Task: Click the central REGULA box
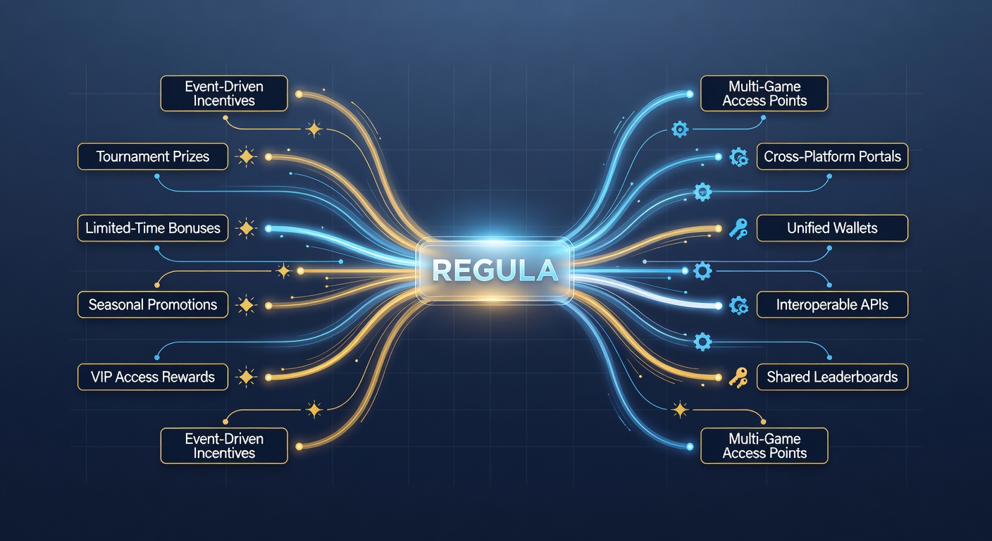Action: point(495,270)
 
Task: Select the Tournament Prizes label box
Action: point(153,156)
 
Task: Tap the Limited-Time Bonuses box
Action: point(153,228)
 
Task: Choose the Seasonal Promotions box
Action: point(153,304)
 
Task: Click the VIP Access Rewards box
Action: point(153,377)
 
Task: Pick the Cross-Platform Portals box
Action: point(832,156)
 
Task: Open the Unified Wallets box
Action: point(832,228)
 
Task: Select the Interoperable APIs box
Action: point(832,304)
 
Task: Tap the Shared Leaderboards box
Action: point(832,377)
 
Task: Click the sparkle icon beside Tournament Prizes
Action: point(246,156)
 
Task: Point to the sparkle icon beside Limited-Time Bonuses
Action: point(246,228)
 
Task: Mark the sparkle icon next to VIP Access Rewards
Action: point(246,377)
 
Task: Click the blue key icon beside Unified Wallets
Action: point(738,229)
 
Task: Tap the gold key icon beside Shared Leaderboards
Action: point(738,378)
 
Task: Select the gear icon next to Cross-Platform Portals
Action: point(738,157)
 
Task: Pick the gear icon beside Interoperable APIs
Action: point(738,306)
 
